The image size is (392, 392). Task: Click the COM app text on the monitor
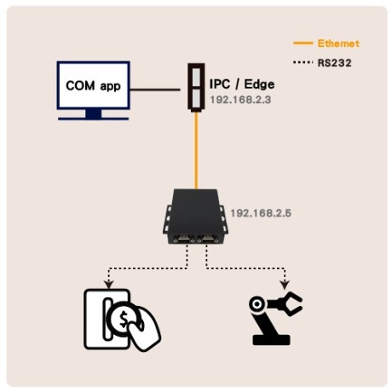pos(93,85)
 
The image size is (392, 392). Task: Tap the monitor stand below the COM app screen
pos(94,114)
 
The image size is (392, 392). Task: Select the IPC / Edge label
pos(242,84)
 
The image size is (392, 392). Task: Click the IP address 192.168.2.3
pos(240,100)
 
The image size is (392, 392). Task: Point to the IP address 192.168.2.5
pos(261,213)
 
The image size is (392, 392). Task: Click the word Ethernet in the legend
pos(338,43)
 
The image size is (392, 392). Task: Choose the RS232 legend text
pos(334,63)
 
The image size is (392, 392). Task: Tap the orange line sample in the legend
pos(303,43)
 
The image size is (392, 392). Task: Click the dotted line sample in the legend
pos(303,62)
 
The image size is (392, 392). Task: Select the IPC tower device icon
pos(196,87)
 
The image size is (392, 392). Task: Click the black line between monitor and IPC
pos(155,89)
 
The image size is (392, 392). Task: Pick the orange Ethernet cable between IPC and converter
pos(196,150)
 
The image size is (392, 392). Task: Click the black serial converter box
pos(196,216)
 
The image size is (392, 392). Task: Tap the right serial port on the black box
pos(208,239)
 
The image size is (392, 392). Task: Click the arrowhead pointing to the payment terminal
pos(109,285)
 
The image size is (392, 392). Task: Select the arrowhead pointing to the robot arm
pos(285,285)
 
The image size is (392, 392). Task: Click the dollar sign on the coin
pos(124,319)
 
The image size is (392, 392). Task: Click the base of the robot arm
pos(271,340)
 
